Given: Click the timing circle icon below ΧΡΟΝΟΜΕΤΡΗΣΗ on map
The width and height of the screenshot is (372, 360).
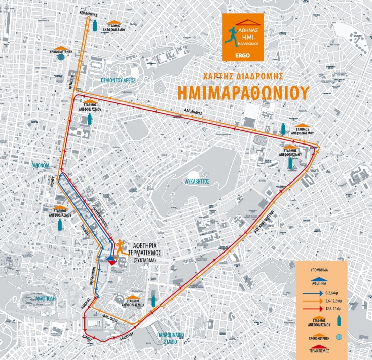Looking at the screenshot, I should click(61, 57).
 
